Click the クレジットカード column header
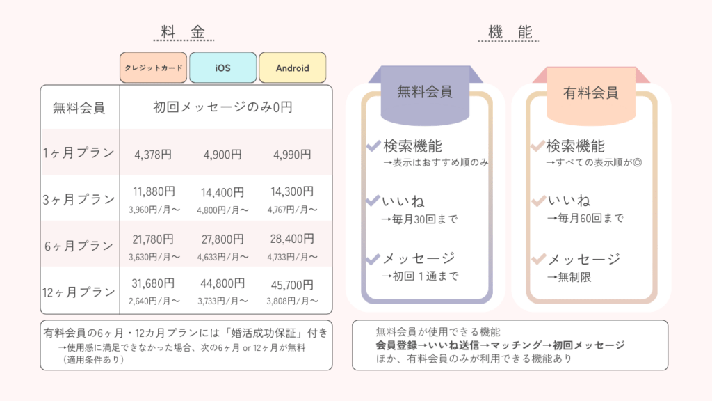(153, 68)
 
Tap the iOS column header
(222, 68)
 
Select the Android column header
(292, 68)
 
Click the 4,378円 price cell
(153, 155)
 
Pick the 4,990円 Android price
(292, 155)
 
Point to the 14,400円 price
(223, 192)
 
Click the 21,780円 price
(154, 239)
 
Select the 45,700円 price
(292, 284)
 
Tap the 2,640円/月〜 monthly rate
(154, 301)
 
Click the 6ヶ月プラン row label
(78, 246)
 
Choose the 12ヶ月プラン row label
(78, 292)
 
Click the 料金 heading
(181, 32)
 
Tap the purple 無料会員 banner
(425, 91)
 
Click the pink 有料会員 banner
(591, 91)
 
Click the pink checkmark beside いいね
(537, 202)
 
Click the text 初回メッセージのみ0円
(222, 107)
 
